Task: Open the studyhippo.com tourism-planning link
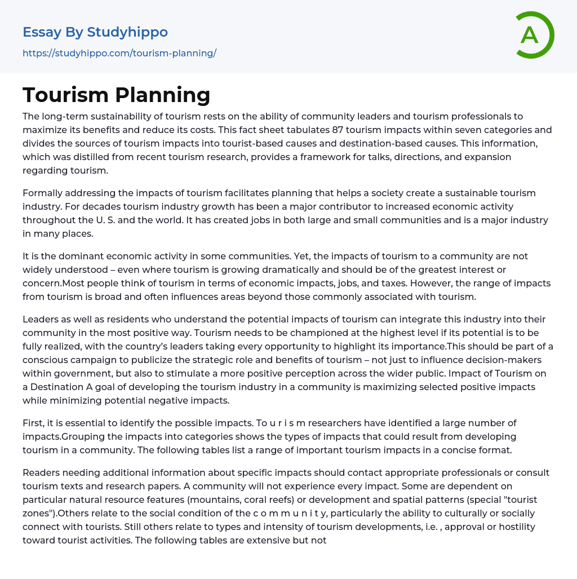tap(119, 54)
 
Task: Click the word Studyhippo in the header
tap(127, 32)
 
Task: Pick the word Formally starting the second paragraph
tap(44, 193)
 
